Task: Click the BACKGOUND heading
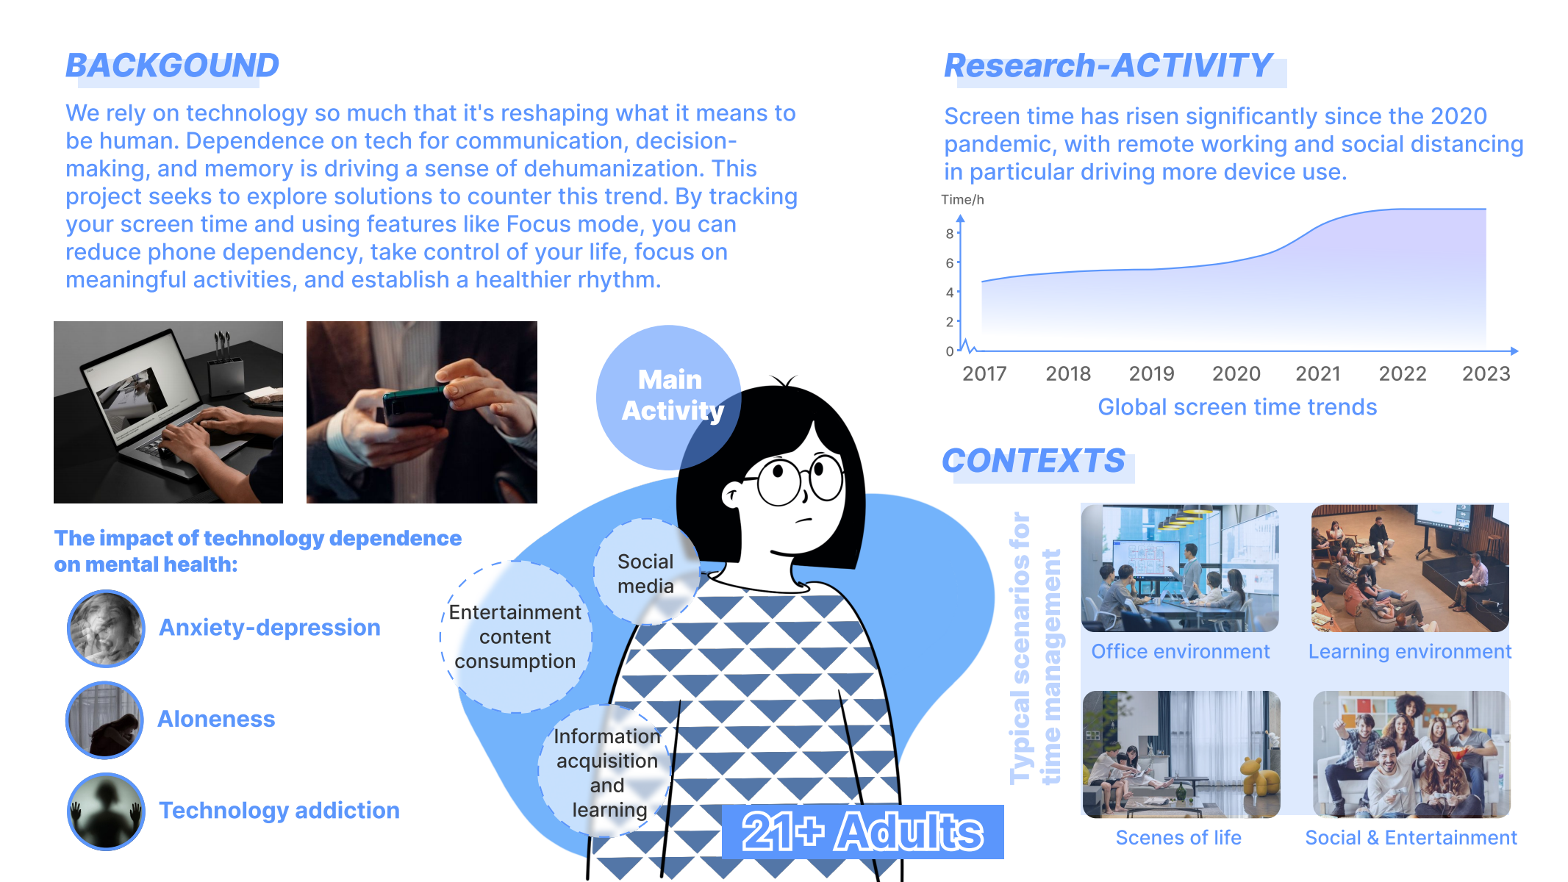[x=172, y=65]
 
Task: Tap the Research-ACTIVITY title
[x=1107, y=65]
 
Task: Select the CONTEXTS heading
[x=1033, y=462]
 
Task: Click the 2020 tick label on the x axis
[x=1236, y=374]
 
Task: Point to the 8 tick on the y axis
[x=950, y=234]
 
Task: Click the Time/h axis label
[x=962, y=200]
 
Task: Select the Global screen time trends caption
[x=1237, y=407]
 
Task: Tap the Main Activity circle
[x=668, y=397]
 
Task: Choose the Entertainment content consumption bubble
[x=515, y=637]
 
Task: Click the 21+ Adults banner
[x=862, y=832]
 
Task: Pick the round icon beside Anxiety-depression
[x=106, y=628]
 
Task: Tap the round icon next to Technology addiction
[x=106, y=811]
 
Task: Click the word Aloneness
[x=216, y=719]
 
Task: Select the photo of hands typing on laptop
[x=168, y=412]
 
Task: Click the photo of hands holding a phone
[x=422, y=412]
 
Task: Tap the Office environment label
[x=1181, y=652]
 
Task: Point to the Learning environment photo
[x=1410, y=568]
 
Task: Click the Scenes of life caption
[x=1178, y=838]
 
